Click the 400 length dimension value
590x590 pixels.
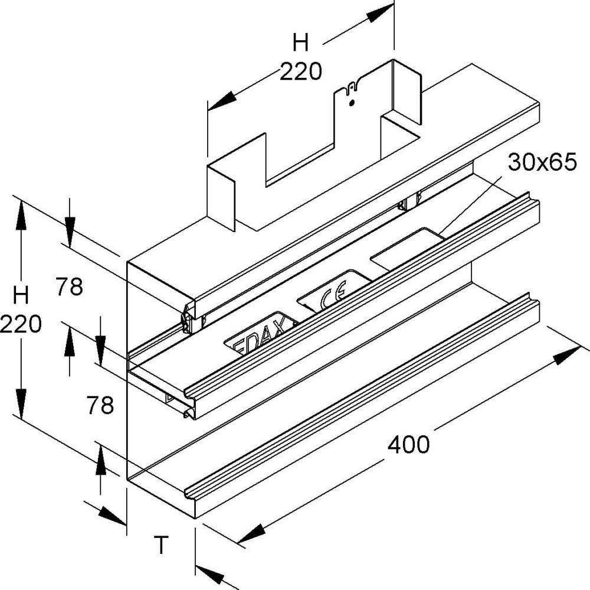tap(408, 444)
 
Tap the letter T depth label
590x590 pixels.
tap(160, 543)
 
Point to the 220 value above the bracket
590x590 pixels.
tap(301, 72)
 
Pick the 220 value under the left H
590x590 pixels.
tap(21, 324)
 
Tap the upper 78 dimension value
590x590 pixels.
tap(70, 287)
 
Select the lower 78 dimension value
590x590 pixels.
tap(100, 406)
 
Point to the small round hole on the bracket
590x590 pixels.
tap(352, 103)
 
